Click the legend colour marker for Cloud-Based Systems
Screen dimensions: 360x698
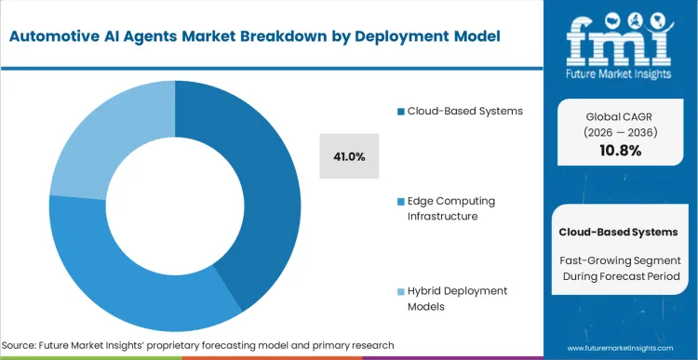[x=399, y=112]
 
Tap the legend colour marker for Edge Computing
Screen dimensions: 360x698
[x=399, y=202]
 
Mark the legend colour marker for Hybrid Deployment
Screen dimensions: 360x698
[x=399, y=292]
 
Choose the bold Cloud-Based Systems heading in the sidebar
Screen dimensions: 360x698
[x=618, y=231]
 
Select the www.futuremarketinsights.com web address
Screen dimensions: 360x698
[x=620, y=346]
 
